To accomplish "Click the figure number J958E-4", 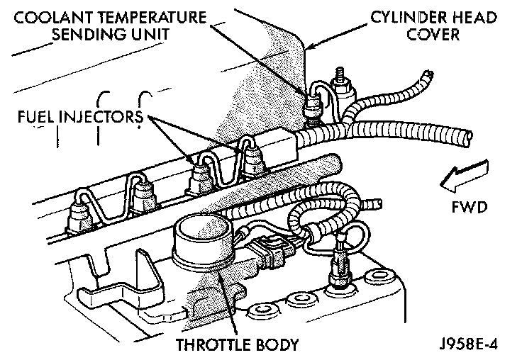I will (x=469, y=347).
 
